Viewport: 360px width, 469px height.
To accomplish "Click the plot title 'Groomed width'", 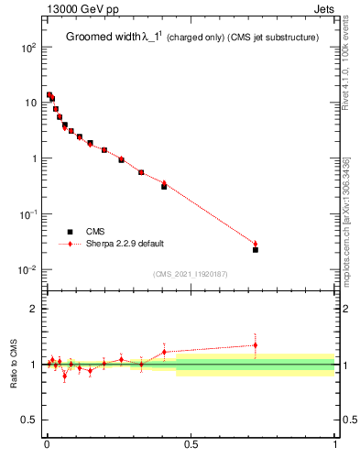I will (x=103, y=38).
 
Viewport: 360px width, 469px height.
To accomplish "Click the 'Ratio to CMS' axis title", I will (x=14, y=365).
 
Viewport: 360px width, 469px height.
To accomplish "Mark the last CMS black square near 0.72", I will (x=256, y=249).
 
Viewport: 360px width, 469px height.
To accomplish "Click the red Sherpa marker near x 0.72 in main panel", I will (x=256, y=244).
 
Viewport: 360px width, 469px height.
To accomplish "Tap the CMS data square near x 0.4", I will (x=164, y=186).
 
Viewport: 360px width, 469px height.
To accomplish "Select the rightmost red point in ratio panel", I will (x=256, y=345).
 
